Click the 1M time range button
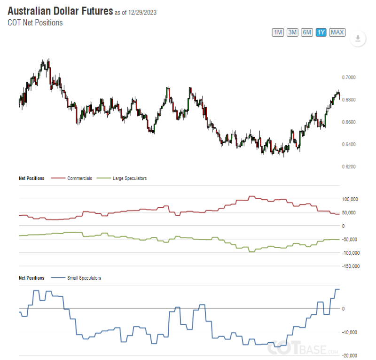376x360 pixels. [278, 32]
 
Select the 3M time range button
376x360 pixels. [292, 32]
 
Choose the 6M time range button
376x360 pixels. [307, 32]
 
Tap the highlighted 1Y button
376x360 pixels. [321, 32]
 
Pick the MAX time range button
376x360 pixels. [337, 32]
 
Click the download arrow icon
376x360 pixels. [358, 39]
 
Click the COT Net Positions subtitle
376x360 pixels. [35, 23]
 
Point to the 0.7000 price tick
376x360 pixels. [349, 77]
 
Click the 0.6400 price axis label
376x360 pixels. [349, 144]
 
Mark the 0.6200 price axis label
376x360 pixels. [349, 167]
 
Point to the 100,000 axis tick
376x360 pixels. [350, 199]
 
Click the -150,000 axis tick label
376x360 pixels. [350, 266]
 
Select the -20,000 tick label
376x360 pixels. [350, 355]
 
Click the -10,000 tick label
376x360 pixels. [350, 333]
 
